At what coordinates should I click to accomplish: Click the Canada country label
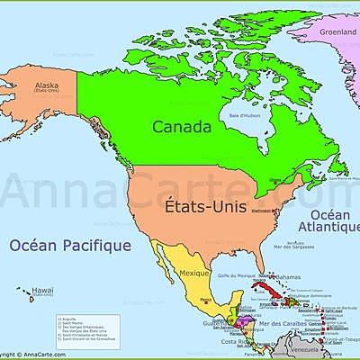181,127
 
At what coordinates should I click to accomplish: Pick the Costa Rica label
236,342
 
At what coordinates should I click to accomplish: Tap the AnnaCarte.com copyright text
27,355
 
